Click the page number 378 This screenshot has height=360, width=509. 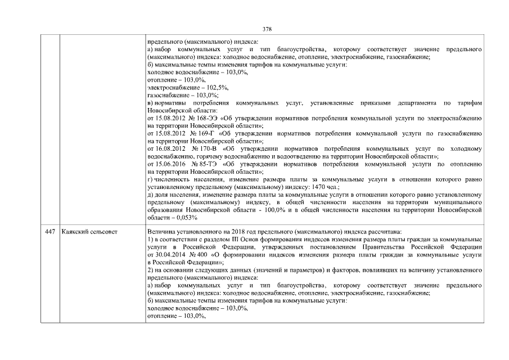coord(267,29)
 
